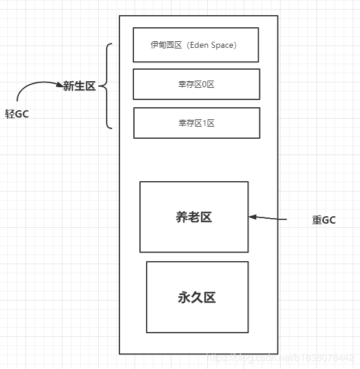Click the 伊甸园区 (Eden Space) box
point(196,45)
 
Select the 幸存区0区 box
point(196,84)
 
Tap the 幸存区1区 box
point(196,123)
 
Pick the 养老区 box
point(194,217)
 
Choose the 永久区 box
point(197,297)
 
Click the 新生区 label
point(79,86)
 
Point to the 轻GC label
point(17,114)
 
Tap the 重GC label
point(324,220)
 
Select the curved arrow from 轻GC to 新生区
point(33,84)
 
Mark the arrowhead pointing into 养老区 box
point(252,216)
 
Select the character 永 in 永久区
point(184,298)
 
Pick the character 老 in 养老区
point(194,218)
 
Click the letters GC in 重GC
point(328,220)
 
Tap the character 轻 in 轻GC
point(10,114)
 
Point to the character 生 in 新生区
point(79,86)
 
